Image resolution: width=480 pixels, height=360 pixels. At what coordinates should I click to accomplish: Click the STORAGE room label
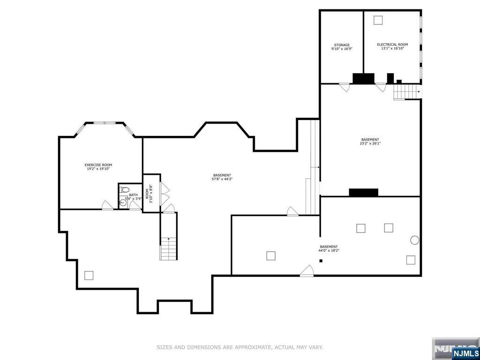click(342, 45)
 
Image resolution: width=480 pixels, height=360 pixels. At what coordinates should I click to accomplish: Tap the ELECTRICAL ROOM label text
click(392, 45)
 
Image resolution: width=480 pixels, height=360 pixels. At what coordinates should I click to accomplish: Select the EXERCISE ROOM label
click(98, 165)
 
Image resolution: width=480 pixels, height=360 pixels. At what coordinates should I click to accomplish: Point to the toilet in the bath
click(124, 190)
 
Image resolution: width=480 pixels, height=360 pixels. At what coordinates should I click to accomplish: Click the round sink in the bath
click(122, 202)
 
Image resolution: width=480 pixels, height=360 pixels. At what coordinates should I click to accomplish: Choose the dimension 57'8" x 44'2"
click(222, 179)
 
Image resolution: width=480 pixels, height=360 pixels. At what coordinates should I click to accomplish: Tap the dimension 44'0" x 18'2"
click(329, 250)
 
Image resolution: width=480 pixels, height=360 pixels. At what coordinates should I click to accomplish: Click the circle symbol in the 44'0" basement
click(414, 240)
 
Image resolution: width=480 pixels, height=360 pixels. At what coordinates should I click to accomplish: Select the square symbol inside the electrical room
click(378, 20)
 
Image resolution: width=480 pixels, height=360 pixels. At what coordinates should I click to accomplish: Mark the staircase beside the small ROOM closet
click(169, 248)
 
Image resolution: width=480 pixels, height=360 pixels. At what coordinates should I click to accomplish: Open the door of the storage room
click(345, 87)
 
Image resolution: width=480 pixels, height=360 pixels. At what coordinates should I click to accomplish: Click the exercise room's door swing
click(108, 205)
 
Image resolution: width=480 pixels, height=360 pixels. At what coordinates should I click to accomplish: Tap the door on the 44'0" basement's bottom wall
click(307, 271)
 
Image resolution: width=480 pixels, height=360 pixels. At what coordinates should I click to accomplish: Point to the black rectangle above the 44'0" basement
click(363, 192)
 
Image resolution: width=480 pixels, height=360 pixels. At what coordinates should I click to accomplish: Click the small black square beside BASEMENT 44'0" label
click(321, 261)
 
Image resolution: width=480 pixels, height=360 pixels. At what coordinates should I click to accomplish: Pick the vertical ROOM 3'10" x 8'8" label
click(149, 193)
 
